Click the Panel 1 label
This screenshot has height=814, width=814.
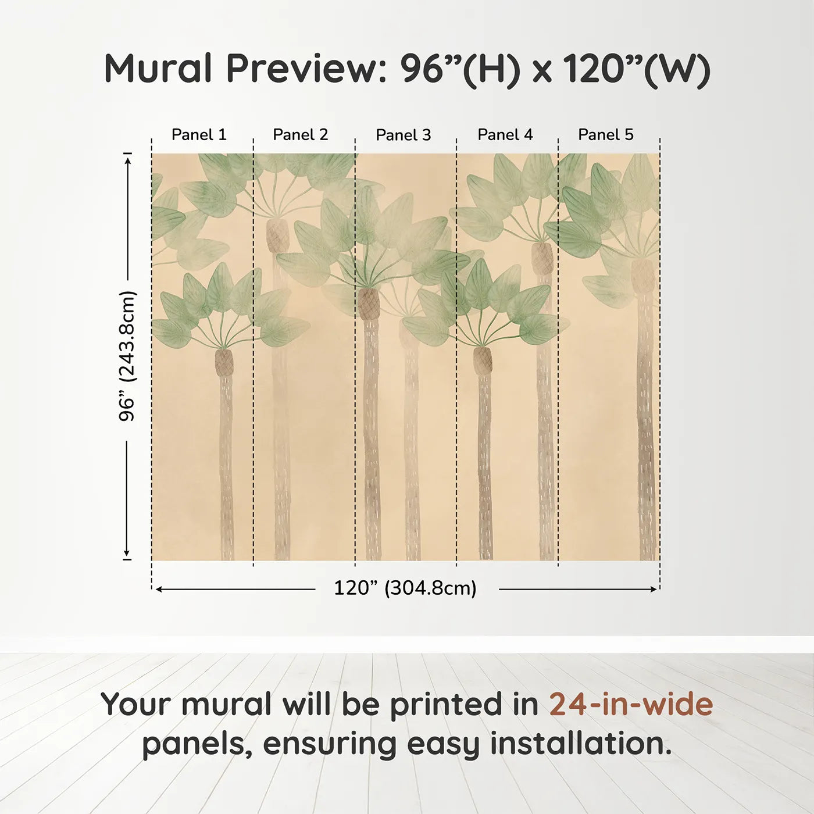199,135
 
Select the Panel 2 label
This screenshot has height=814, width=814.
301,135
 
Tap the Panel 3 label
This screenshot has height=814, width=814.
404,135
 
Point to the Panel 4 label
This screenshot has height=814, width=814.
505,135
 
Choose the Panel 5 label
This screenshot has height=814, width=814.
606,135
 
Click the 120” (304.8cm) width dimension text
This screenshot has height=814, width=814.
405,588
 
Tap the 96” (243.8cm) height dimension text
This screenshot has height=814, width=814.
126,356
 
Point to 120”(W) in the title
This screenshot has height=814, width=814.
637,70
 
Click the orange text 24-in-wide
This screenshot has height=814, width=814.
631,704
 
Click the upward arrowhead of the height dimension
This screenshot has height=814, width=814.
127,160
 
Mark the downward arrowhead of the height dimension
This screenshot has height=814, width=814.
127,553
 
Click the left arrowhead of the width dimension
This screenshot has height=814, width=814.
160,589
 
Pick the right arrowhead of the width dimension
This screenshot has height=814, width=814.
653,589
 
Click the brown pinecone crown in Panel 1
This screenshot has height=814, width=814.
224,362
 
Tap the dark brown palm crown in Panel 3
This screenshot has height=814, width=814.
369,304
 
